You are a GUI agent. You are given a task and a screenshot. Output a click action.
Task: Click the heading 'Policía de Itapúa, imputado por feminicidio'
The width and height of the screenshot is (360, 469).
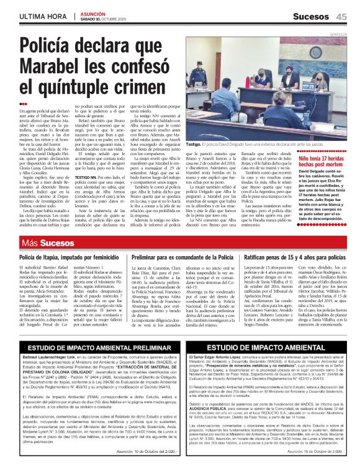click(x=66, y=257)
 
